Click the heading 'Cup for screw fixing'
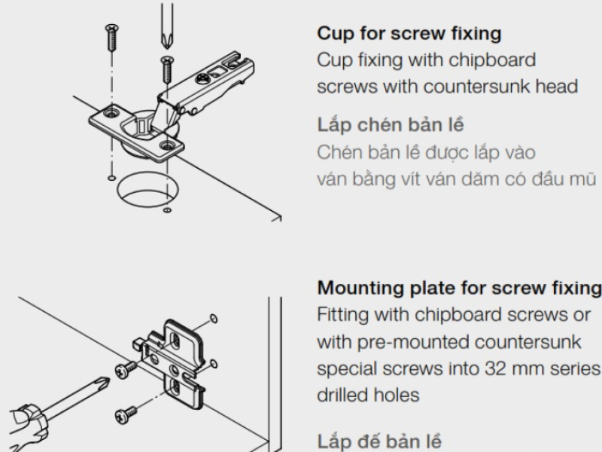pyautogui.click(x=409, y=34)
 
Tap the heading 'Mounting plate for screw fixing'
pyautogui.click(x=459, y=288)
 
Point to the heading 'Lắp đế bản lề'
pyautogui.click(x=380, y=441)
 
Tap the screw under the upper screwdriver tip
pyautogui.click(x=166, y=69)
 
